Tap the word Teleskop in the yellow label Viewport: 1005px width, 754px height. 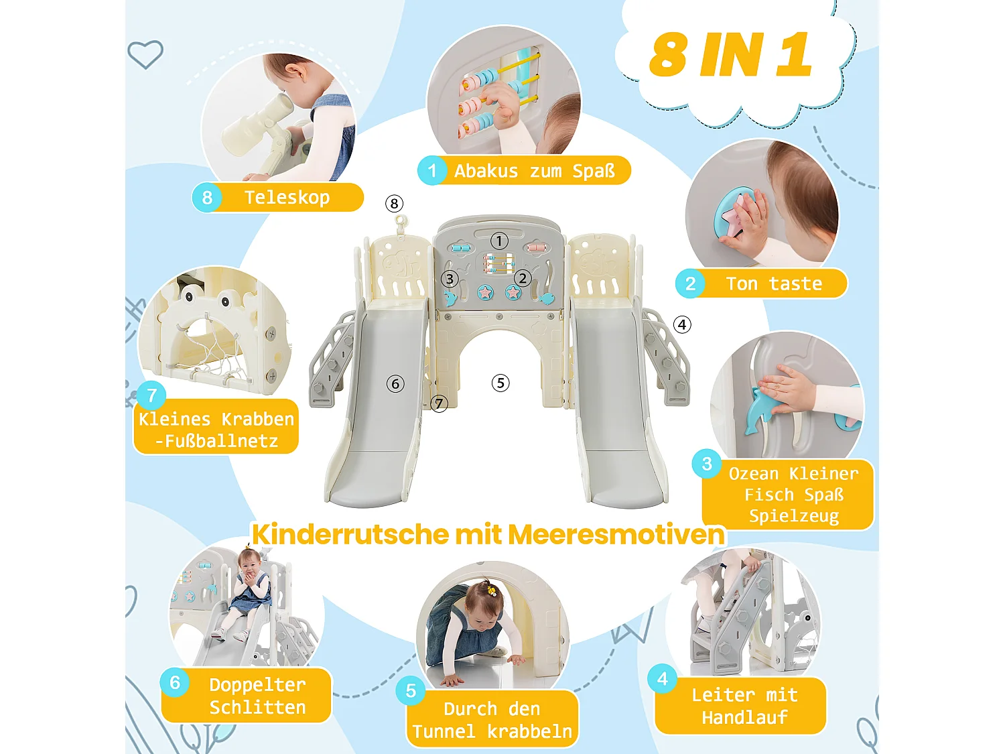(x=287, y=198)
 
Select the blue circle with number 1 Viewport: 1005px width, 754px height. (x=432, y=171)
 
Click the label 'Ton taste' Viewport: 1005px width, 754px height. (x=774, y=284)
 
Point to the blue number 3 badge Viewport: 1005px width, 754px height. (x=707, y=464)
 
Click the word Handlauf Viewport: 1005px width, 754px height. (x=744, y=718)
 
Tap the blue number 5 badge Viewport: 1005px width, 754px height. (x=411, y=691)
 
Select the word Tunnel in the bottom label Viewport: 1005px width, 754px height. (x=444, y=732)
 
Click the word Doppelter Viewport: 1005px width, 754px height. (x=257, y=685)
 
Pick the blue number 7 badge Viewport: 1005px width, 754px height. (x=152, y=395)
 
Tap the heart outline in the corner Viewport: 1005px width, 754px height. (x=145, y=54)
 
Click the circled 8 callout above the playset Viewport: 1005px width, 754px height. (x=394, y=204)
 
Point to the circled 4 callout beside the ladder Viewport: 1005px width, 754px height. (x=682, y=325)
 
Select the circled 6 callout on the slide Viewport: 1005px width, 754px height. (x=395, y=384)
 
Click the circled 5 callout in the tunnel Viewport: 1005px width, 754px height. (x=500, y=383)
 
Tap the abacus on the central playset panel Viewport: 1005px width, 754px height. (x=498, y=263)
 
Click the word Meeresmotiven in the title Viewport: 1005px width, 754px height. (x=616, y=535)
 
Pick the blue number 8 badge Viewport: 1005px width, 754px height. (x=207, y=198)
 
